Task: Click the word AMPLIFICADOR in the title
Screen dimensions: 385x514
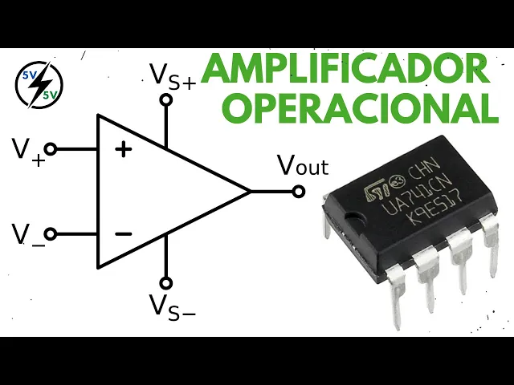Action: (345, 71)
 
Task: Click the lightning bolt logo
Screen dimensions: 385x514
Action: (35, 81)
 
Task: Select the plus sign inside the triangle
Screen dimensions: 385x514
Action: (124, 148)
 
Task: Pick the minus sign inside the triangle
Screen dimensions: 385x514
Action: (123, 233)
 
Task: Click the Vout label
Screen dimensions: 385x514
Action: (303, 165)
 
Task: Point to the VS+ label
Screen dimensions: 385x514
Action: (173, 75)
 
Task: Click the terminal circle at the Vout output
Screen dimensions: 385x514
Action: (299, 192)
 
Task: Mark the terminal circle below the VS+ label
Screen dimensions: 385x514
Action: (166, 100)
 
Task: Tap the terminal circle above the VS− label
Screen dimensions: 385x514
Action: (166, 282)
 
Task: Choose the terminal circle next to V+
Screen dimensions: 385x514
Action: (51, 148)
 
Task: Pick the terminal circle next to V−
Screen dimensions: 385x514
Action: (51, 233)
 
